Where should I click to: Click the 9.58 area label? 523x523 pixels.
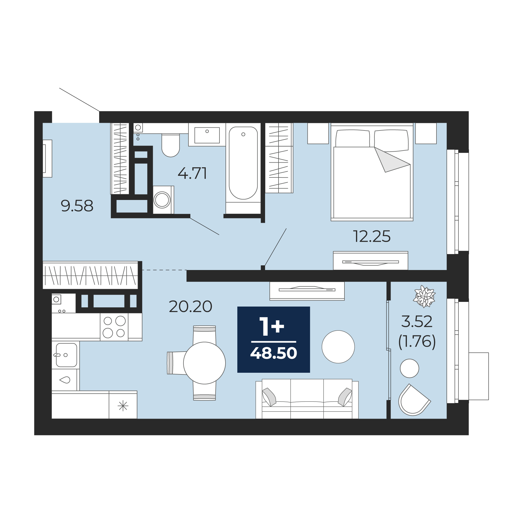(x=77, y=206)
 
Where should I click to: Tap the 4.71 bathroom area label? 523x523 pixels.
(x=192, y=173)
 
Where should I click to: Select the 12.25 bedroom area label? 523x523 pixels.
(x=372, y=236)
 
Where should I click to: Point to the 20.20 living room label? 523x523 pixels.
(x=190, y=307)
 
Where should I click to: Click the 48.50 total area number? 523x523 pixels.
(x=274, y=353)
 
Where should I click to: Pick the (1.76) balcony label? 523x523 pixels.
(x=417, y=342)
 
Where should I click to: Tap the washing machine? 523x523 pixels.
(x=163, y=200)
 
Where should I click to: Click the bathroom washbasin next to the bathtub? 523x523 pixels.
(x=207, y=135)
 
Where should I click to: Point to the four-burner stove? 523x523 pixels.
(x=114, y=327)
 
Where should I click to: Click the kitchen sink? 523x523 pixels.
(x=66, y=355)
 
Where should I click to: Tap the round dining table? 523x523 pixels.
(x=204, y=363)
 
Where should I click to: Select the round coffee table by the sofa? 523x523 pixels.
(x=338, y=347)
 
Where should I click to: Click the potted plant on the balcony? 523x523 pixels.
(x=424, y=297)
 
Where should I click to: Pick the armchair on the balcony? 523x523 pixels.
(x=414, y=400)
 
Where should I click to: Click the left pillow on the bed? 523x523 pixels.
(x=353, y=138)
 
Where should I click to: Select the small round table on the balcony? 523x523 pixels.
(x=410, y=368)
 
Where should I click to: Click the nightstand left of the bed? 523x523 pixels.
(x=318, y=133)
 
